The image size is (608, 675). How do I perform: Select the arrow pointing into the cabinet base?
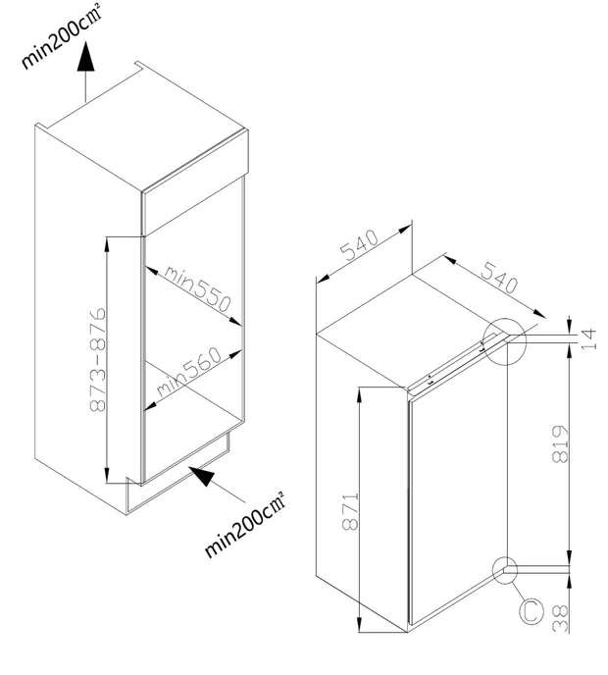click(x=209, y=480)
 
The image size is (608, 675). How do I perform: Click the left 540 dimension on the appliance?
click(x=360, y=252)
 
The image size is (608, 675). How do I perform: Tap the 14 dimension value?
click(x=587, y=337)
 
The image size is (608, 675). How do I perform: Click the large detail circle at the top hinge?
click(x=506, y=341)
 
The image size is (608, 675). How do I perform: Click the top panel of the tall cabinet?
click(x=147, y=137)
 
